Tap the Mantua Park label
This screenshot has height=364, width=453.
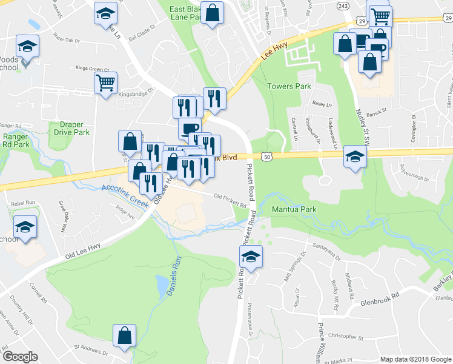tap(295, 209)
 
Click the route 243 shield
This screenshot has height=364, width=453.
tap(343, 5)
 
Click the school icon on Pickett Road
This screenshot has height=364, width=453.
tap(251, 257)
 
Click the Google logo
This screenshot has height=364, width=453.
tap(19, 356)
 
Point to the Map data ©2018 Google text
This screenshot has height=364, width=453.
tap(415, 359)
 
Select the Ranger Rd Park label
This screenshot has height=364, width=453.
tap(15, 141)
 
